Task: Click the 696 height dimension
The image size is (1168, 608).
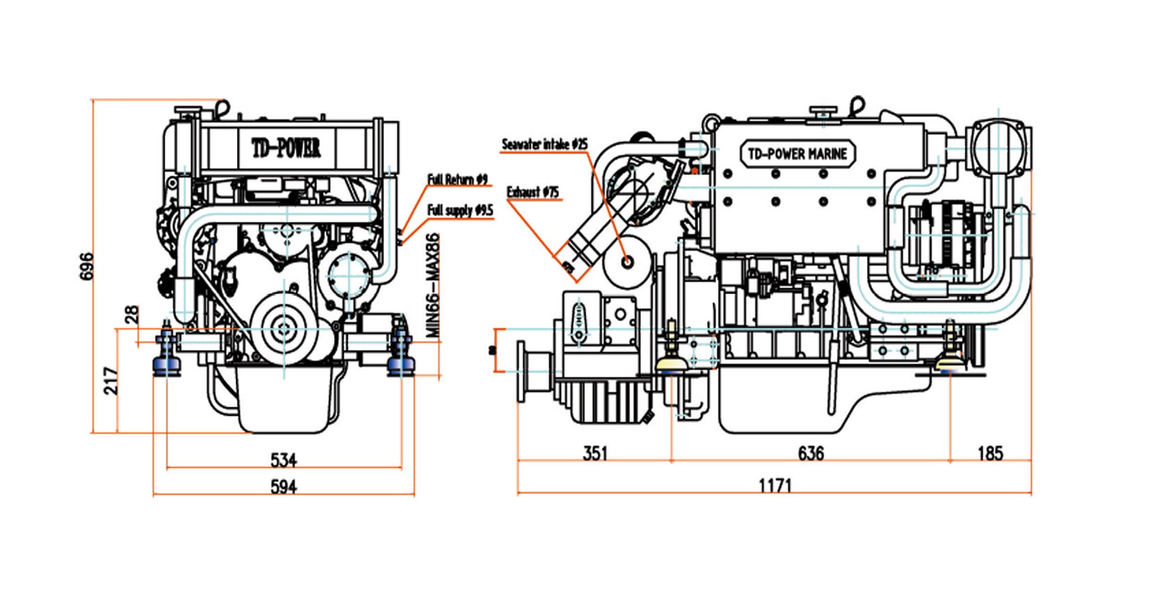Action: [87, 266]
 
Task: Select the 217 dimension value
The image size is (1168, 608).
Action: [111, 380]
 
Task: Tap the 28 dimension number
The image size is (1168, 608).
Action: [132, 314]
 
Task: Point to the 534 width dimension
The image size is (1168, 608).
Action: [284, 460]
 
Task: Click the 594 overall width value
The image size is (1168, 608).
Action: [284, 487]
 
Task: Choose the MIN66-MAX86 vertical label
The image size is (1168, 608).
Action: [432, 285]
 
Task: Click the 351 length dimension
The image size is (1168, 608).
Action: [595, 454]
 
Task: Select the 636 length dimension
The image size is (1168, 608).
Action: [811, 454]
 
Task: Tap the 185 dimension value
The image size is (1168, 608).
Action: [991, 454]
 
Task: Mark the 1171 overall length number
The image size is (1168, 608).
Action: [775, 485]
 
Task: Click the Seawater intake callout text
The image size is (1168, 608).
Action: [544, 144]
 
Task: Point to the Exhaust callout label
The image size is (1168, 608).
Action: [533, 192]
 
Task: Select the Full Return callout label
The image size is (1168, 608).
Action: [457, 179]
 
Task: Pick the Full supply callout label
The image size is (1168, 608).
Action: [460, 210]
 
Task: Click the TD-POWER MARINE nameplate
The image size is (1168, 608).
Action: [797, 154]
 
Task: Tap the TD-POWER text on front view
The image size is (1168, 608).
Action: [286, 148]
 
